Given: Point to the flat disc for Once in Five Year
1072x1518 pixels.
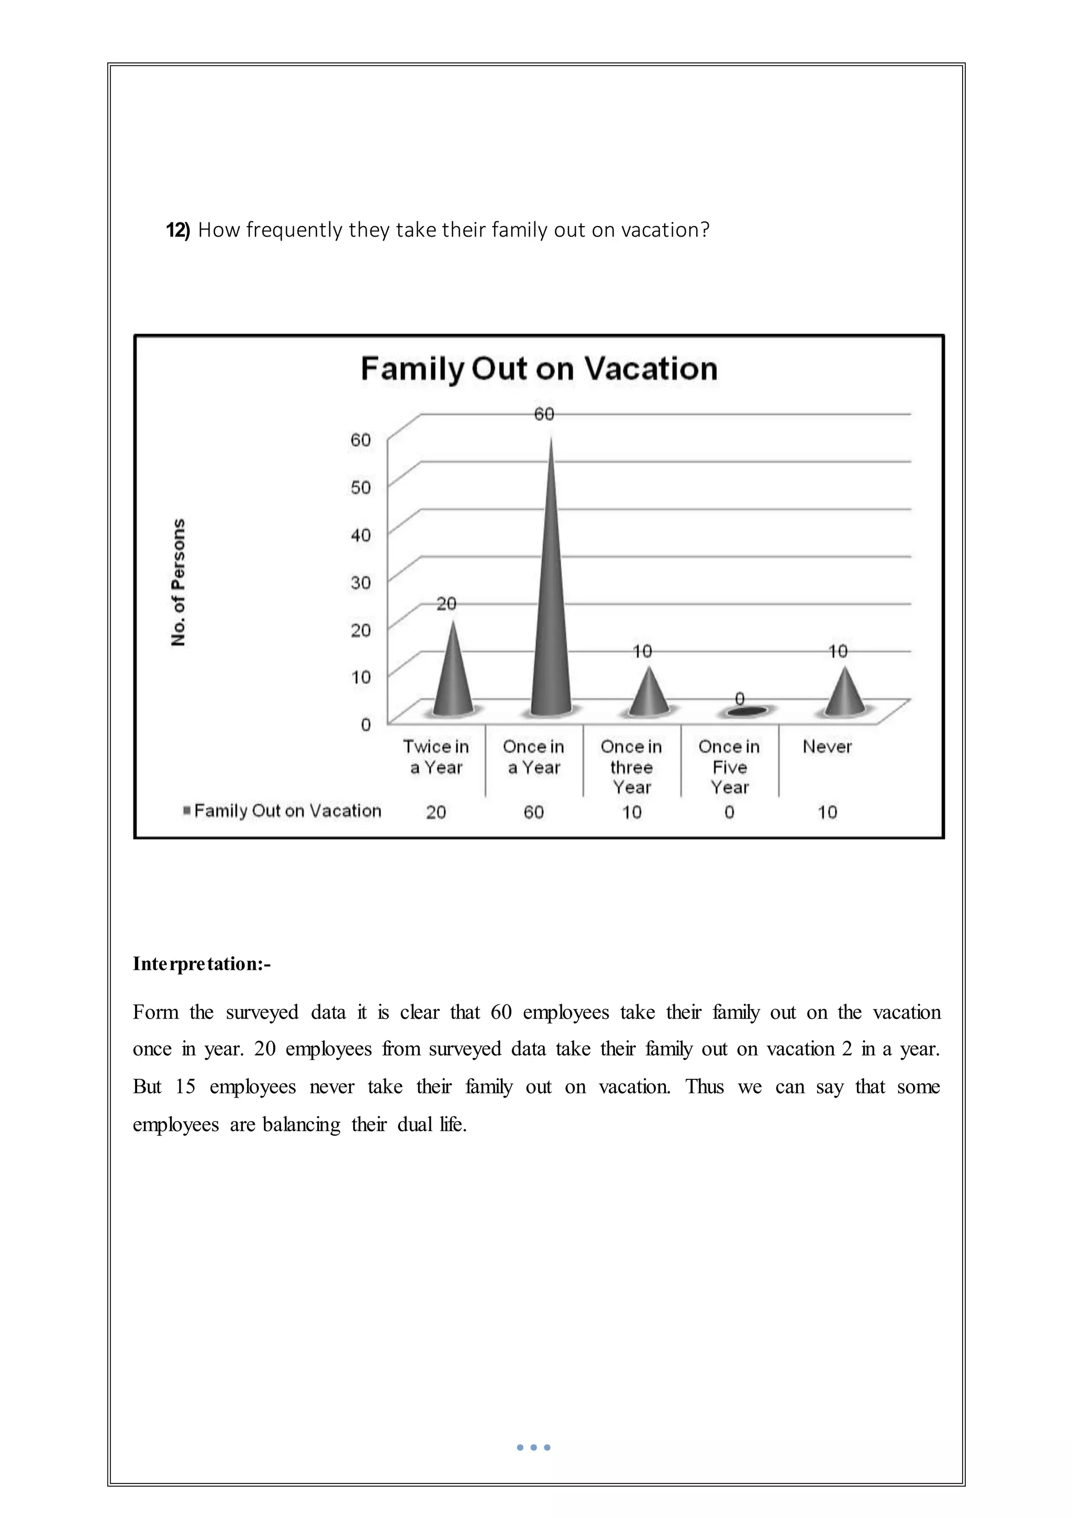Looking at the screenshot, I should pos(746,711).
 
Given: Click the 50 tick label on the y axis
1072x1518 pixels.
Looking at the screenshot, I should pos(361,488).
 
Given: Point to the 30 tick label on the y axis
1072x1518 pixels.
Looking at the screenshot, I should pos(361,583).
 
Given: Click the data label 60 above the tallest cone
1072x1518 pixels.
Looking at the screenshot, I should pos(544,415).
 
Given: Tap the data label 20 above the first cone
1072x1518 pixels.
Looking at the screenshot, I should pos(446,604).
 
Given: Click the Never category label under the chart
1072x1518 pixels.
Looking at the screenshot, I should pos(827,747).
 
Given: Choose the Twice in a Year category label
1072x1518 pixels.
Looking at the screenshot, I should pos(436,757).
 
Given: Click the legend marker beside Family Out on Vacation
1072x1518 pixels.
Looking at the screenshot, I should pos(187,811).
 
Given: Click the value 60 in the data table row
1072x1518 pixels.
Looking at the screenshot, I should pos(534,812).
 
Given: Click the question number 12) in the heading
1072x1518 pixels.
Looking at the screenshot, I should pos(177,230).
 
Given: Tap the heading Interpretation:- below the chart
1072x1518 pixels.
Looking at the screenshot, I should pos(202,964).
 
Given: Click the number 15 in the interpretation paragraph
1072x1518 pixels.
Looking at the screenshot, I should pos(185,1087).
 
